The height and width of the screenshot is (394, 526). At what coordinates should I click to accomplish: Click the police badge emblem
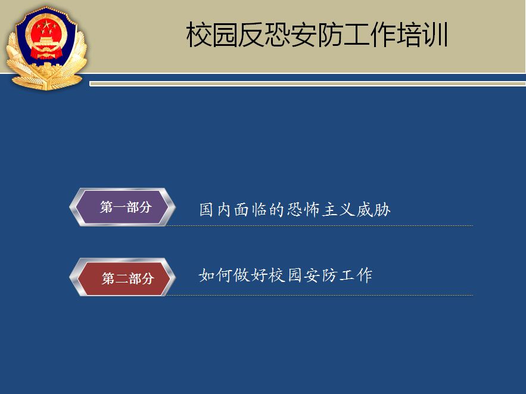click(46, 48)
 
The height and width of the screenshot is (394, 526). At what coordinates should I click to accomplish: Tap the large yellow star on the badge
click(46, 24)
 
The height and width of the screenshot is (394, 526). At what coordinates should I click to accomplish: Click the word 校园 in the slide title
click(212, 35)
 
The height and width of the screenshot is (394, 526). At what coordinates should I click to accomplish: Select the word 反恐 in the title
click(264, 35)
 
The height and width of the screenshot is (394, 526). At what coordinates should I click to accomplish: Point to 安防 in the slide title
click(317, 35)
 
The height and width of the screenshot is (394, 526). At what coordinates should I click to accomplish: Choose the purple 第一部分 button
click(123, 207)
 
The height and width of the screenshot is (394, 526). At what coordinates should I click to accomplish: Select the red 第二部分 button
click(123, 277)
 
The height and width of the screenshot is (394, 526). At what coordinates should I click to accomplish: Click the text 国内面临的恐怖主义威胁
click(295, 209)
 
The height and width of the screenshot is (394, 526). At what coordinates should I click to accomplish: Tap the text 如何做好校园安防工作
click(285, 275)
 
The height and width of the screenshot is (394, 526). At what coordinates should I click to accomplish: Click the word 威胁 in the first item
click(374, 209)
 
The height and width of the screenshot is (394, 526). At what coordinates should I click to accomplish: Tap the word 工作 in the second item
click(356, 275)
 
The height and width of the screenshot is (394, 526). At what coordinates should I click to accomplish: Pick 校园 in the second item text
click(285, 275)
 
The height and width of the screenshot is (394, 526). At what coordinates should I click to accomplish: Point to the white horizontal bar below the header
click(307, 84)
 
